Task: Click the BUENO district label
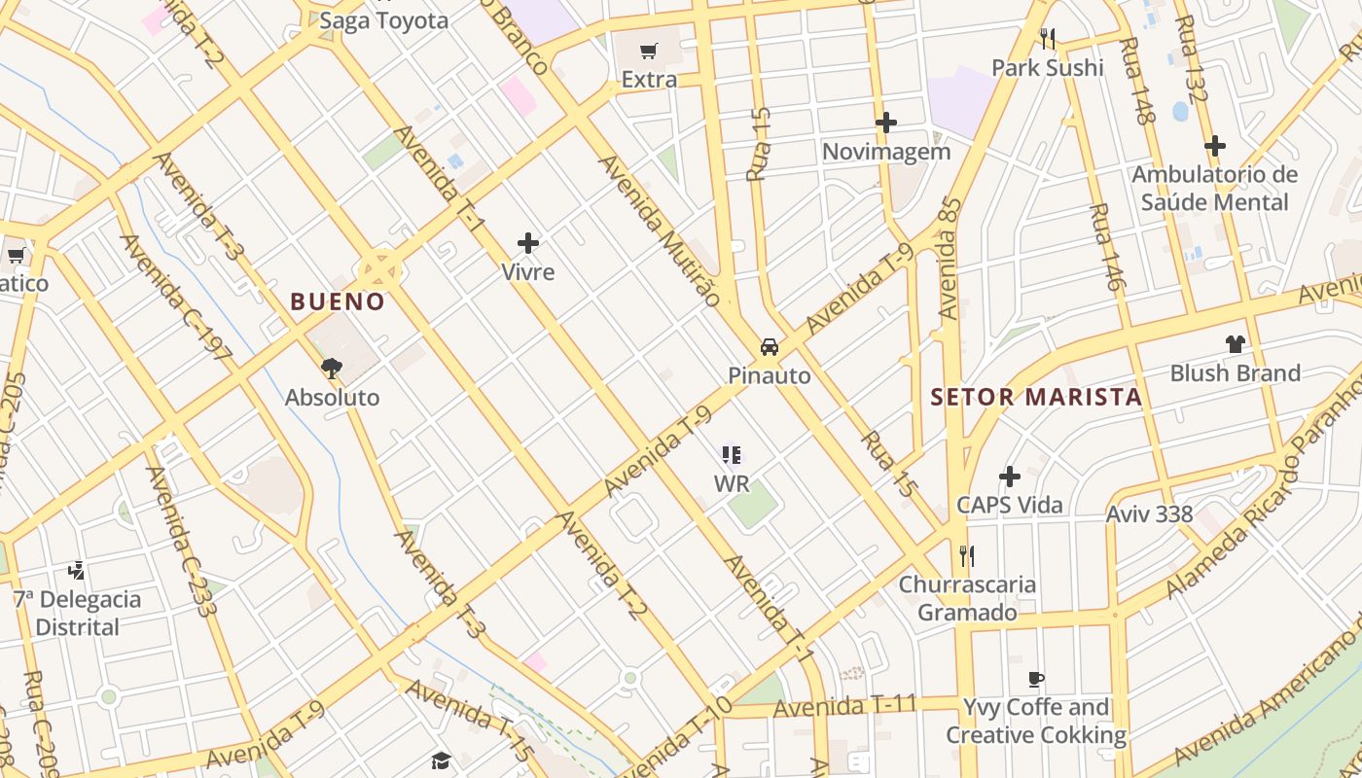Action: click(x=338, y=301)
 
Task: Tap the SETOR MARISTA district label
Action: click(x=1036, y=397)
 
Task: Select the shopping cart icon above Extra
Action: click(x=649, y=51)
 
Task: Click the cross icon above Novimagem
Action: click(x=885, y=123)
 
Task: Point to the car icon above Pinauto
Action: click(x=769, y=347)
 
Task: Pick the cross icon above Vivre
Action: click(x=528, y=242)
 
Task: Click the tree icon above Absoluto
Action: click(x=332, y=368)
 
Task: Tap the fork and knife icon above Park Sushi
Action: click(x=1048, y=39)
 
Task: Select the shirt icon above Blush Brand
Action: click(x=1235, y=343)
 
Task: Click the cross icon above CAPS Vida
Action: click(x=1010, y=477)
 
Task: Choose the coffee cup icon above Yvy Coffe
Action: click(x=1036, y=679)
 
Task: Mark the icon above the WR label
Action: click(x=732, y=454)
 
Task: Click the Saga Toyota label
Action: click(x=384, y=20)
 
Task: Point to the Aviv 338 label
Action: click(x=1149, y=513)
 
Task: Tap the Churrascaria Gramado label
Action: click(x=967, y=598)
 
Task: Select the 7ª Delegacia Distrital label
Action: click(x=77, y=613)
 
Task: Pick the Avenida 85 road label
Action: click(x=950, y=258)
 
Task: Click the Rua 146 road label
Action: click(x=1107, y=248)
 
